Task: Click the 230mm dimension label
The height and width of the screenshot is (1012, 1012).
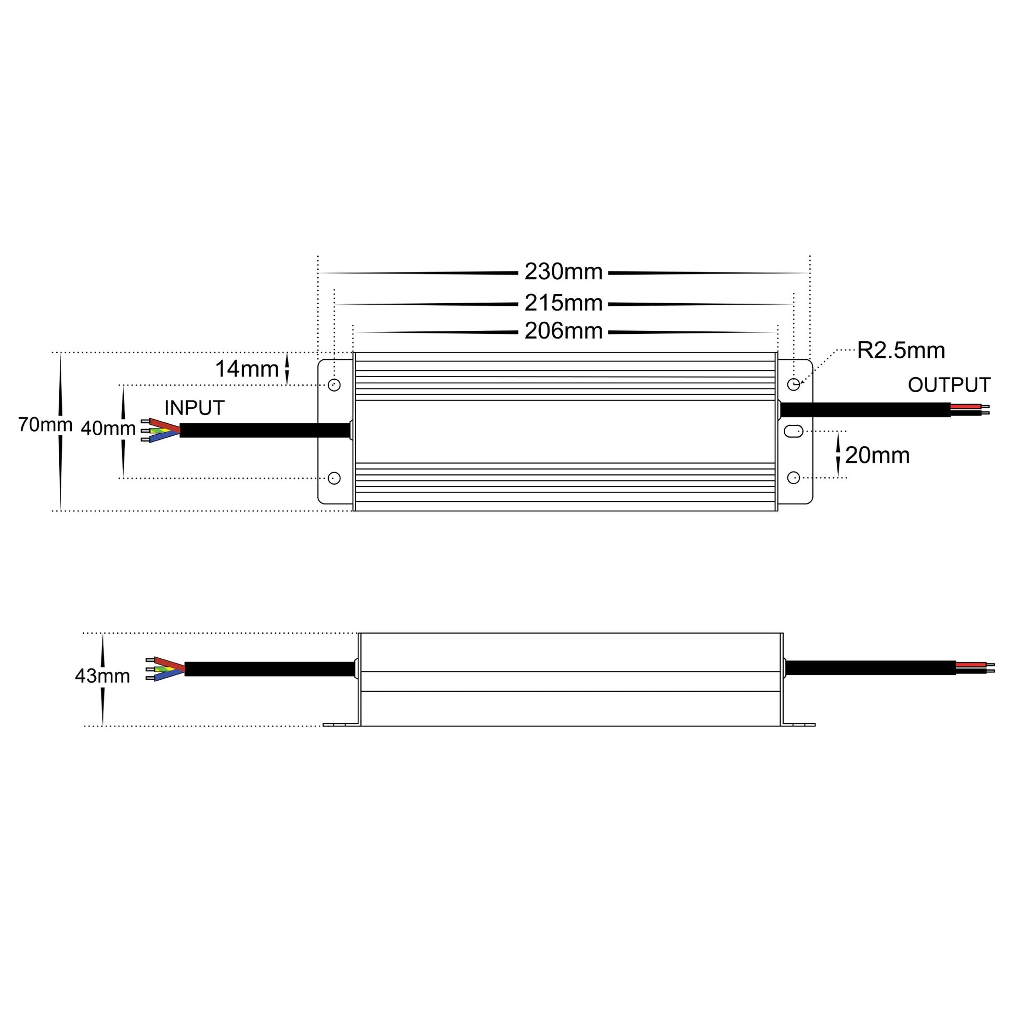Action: (x=563, y=272)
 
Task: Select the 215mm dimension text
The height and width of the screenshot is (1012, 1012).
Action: (x=563, y=303)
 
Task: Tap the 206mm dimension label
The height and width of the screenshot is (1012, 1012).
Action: (x=563, y=332)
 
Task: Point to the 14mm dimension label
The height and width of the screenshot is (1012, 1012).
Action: (x=246, y=369)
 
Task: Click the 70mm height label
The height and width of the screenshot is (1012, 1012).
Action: (x=45, y=425)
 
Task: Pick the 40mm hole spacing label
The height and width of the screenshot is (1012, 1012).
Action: (x=108, y=429)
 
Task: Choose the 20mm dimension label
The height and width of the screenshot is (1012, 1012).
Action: (x=877, y=456)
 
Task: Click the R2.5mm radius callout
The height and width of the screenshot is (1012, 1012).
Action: (x=900, y=351)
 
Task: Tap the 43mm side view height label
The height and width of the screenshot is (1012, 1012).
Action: (x=102, y=676)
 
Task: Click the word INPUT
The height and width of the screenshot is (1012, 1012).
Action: (x=194, y=408)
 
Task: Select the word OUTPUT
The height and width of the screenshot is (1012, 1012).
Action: (x=949, y=385)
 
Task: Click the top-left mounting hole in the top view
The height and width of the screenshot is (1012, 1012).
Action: (x=334, y=385)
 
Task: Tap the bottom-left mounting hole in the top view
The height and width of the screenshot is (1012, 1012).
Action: (x=334, y=478)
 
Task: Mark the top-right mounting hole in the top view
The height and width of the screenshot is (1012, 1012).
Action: (x=794, y=384)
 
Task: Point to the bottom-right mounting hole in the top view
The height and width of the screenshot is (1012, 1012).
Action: (x=794, y=478)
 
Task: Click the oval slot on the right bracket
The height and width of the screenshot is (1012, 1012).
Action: (x=794, y=431)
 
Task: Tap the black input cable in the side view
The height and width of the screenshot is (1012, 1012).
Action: (x=270, y=669)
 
